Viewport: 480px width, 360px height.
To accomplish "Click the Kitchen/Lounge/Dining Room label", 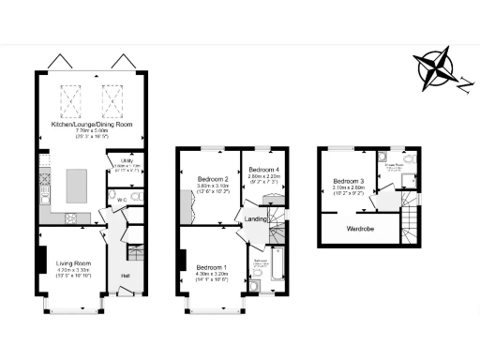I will pos(91,123).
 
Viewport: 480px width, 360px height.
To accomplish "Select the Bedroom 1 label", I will pos(211,267).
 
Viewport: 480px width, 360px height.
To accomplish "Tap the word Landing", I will pos(256,219).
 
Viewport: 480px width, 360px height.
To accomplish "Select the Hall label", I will pos(125,276).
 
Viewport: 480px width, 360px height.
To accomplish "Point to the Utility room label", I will pos(120,159).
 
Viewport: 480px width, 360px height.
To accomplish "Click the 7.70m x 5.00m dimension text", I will pos(91,130).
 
